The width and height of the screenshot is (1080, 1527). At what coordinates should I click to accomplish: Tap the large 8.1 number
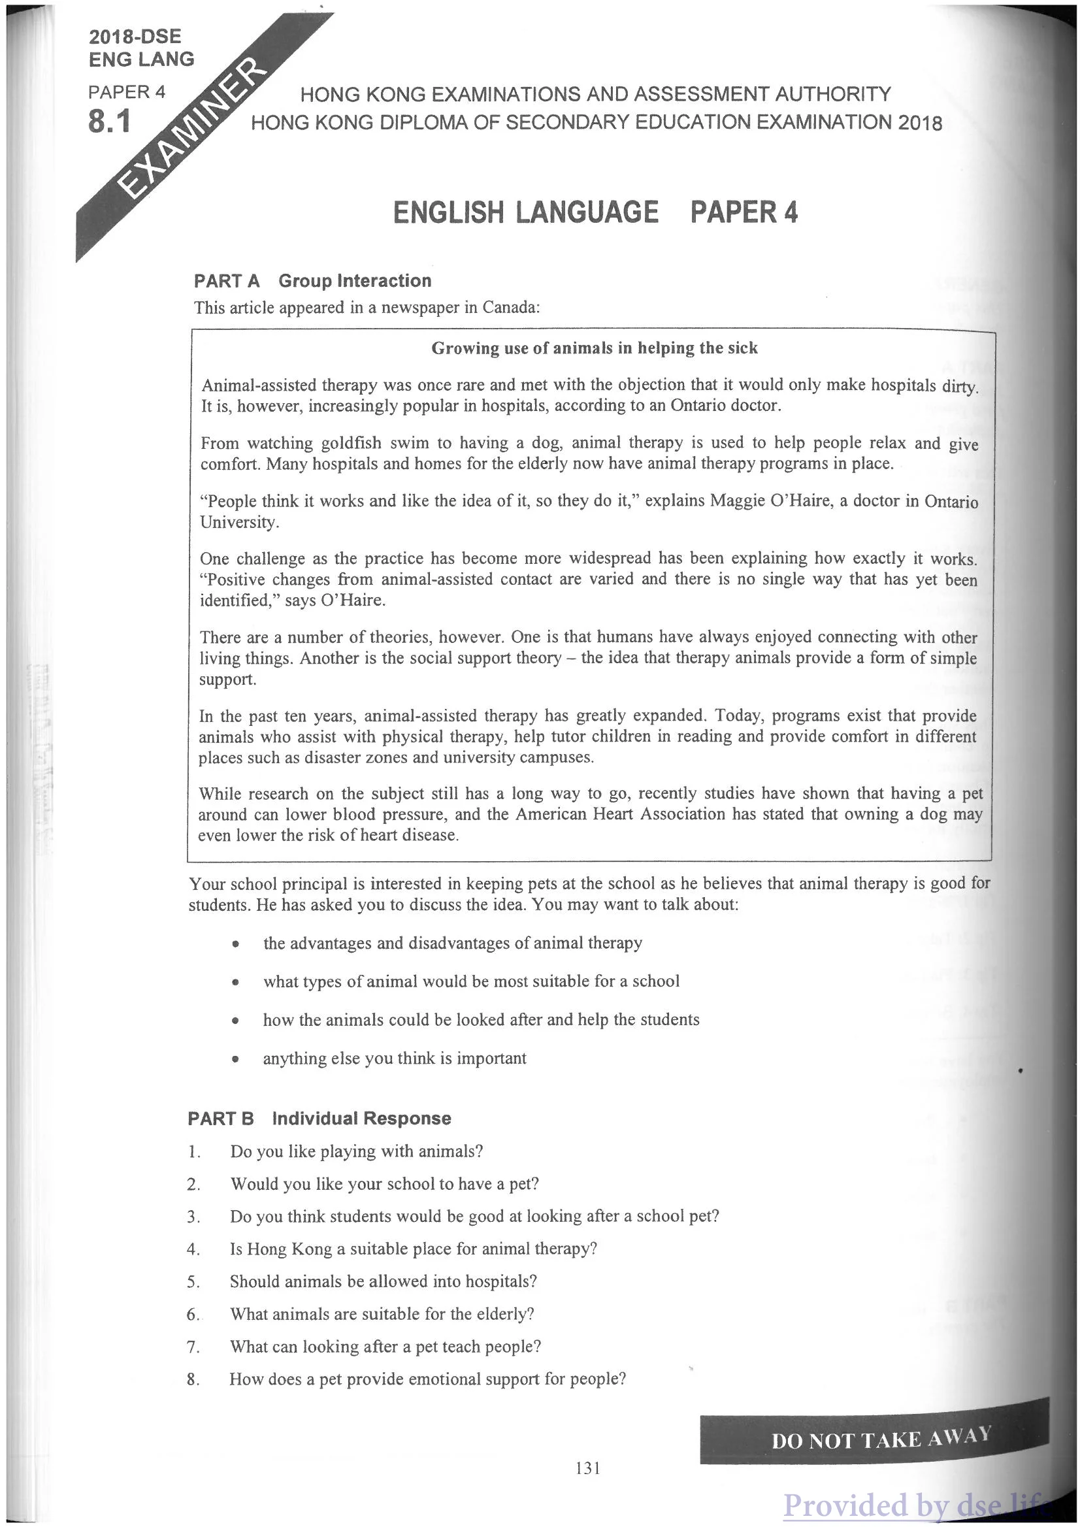tap(110, 121)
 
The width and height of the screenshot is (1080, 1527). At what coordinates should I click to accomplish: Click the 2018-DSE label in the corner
tap(135, 37)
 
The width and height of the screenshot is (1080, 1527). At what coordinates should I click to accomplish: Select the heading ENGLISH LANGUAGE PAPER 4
tap(595, 212)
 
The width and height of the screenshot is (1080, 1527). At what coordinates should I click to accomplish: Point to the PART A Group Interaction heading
tap(312, 281)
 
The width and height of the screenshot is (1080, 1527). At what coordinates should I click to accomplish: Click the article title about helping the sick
tap(595, 348)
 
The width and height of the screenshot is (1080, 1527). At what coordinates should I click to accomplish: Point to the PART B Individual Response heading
tap(319, 1118)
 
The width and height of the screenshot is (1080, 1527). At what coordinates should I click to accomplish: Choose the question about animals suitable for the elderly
tap(382, 1313)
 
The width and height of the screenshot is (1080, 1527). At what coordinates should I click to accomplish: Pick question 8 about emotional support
tap(427, 1379)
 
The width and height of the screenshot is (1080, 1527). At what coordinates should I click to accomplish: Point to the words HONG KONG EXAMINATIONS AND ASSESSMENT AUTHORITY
tap(595, 95)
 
